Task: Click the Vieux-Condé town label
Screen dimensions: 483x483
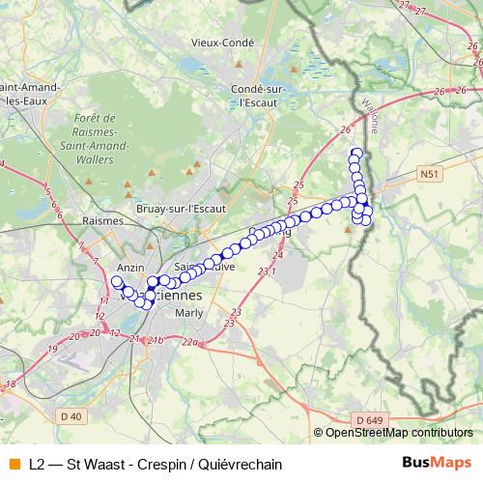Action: click(222, 43)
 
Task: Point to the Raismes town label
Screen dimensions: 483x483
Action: click(105, 220)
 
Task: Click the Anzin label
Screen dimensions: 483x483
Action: click(129, 267)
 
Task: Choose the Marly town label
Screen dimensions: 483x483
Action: click(189, 313)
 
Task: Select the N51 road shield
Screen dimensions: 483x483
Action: click(429, 174)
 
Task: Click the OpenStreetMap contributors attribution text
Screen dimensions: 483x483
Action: click(398, 433)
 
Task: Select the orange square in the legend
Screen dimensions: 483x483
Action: click(14, 464)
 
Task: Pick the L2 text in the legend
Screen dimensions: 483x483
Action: click(38, 464)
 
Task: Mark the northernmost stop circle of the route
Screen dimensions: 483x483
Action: click(355, 152)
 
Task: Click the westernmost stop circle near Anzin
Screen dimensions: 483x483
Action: click(117, 282)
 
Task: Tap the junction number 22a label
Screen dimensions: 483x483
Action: click(189, 343)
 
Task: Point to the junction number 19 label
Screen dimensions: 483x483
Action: click(53, 347)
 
